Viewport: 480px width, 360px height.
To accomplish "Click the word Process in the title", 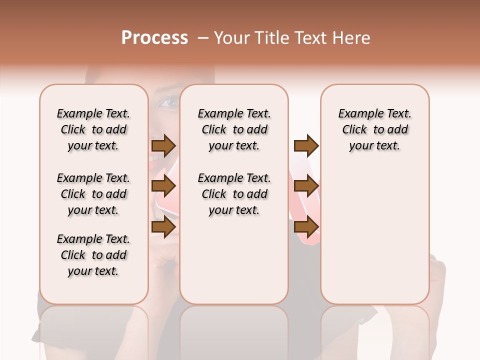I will (154, 37).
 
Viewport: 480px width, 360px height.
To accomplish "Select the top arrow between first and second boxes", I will (163, 145).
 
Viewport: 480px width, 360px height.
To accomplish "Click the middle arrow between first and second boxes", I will (163, 186).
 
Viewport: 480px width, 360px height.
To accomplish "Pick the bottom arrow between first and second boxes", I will (163, 227).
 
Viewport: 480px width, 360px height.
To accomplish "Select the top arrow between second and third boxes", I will (306, 145).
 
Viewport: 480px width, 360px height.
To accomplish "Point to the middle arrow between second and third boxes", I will (306, 186).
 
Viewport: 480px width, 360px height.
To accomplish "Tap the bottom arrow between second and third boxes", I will (306, 227).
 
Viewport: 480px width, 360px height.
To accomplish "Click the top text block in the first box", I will (93, 129).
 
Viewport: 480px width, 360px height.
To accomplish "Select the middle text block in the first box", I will (93, 194).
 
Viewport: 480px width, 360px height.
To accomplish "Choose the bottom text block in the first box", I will (93, 255).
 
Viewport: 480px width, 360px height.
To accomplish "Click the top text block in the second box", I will (234, 129).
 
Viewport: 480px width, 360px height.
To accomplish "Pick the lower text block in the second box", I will (234, 194).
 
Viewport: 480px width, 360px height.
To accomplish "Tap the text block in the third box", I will (375, 129).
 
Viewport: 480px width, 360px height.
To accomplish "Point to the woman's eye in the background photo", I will (168, 103).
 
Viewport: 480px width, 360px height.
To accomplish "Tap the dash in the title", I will (202, 37).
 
